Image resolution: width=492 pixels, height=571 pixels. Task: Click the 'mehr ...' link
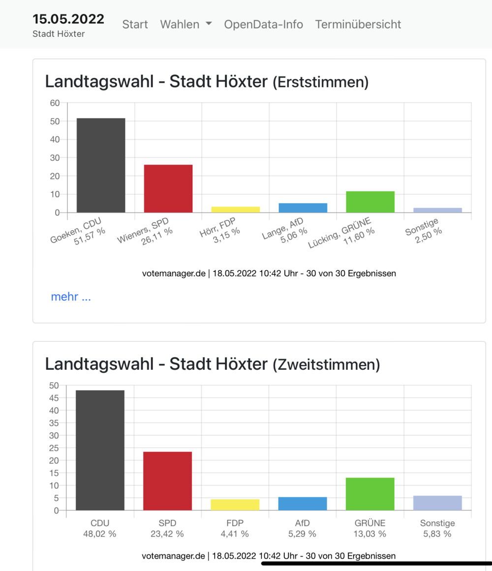[x=71, y=297]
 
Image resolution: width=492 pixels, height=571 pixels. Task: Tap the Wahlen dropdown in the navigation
[x=185, y=24]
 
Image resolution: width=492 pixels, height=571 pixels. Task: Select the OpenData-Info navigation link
[x=263, y=24]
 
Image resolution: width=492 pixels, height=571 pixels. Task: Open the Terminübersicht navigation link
[x=358, y=24]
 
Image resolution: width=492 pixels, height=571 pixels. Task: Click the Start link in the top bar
[x=135, y=24]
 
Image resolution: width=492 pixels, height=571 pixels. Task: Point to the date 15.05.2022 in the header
[x=68, y=19]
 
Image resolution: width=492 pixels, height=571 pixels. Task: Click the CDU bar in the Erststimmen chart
[x=101, y=165]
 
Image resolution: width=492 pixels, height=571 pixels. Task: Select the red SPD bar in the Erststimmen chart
[x=168, y=188]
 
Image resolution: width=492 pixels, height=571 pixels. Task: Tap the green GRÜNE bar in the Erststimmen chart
[x=370, y=202]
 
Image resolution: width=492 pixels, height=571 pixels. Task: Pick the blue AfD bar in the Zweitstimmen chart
[x=303, y=504]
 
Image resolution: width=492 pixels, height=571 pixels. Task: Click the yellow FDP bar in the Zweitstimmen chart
[x=235, y=505]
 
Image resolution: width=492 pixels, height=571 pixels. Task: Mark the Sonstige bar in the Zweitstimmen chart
[x=437, y=503]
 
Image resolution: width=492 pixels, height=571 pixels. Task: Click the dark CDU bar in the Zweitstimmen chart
[x=100, y=450]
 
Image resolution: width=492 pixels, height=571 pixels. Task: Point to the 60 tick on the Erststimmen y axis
[x=55, y=103]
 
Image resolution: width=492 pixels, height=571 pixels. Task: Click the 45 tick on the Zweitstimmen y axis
[x=54, y=398]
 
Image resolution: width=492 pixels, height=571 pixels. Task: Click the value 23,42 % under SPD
[x=167, y=534]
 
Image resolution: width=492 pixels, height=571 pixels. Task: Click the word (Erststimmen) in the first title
[x=320, y=82]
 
